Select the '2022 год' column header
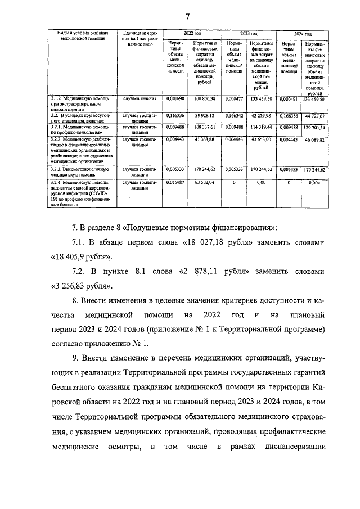pos(192,34)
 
